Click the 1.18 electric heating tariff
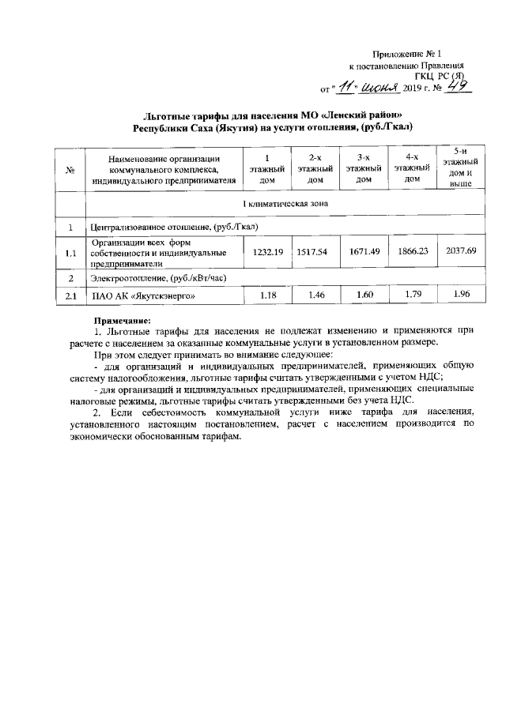pos(266,295)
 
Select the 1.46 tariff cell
pos(315,295)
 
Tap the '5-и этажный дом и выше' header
pos(461,167)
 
